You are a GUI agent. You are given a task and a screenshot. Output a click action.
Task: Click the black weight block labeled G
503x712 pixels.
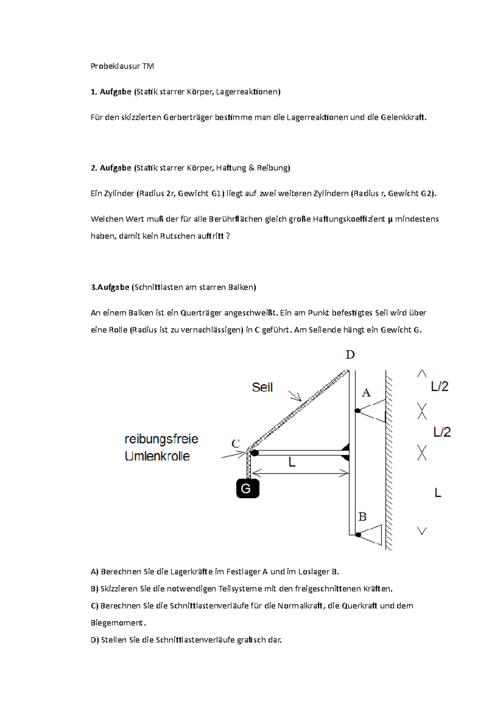click(x=248, y=489)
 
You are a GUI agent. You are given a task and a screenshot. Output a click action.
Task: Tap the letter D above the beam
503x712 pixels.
click(x=350, y=355)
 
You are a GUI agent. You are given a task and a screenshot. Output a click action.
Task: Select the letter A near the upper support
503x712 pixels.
click(x=366, y=393)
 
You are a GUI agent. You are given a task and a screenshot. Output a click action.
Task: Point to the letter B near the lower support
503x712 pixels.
click(x=363, y=517)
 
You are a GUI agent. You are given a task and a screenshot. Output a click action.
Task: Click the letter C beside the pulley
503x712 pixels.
click(x=236, y=443)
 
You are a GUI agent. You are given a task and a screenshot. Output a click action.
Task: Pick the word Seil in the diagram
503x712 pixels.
click(x=262, y=387)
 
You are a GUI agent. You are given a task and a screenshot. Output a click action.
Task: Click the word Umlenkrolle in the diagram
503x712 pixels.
click(x=157, y=456)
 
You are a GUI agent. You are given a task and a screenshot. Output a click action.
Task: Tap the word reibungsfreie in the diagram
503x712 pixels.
click(x=161, y=439)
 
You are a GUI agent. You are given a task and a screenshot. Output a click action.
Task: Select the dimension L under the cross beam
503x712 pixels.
click(x=292, y=463)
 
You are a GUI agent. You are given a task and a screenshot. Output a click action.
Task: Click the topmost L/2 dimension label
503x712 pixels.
click(x=440, y=386)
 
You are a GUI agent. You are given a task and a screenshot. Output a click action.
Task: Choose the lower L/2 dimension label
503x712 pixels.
click(x=442, y=432)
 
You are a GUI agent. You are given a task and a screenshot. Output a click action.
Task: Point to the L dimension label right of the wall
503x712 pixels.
click(x=438, y=493)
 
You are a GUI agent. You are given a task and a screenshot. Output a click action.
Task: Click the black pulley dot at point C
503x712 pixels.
click(x=254, y=453)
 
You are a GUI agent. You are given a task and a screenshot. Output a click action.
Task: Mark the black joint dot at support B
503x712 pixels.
click(x=358, y=535)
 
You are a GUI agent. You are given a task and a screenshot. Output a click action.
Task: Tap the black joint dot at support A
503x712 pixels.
click(x=358, y=411)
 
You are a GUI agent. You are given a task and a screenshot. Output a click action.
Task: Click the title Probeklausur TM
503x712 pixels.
click(x=122, y=66)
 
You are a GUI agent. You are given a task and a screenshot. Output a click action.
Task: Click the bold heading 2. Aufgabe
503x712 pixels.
click(x=111, y=168)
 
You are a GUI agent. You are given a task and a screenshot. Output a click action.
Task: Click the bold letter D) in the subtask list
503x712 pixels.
click(x=95, y=640)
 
